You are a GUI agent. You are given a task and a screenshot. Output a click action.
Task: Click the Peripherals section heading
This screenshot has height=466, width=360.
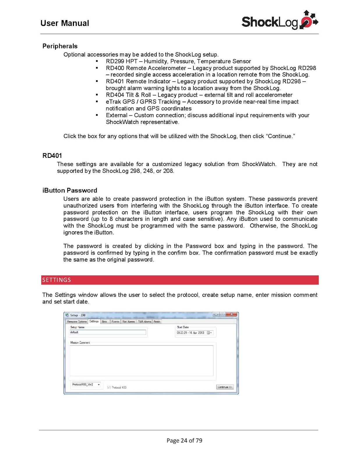pos(60,46)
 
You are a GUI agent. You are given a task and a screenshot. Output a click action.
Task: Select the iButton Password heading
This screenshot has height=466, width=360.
pos(70,190)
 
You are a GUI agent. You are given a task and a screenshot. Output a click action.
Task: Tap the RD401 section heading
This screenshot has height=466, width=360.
pos(52,156)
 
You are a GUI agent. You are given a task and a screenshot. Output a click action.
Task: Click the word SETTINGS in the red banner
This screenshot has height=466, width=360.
pos(57,280)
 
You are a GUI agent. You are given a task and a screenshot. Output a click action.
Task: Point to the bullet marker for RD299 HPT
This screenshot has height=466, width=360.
pos(97,61)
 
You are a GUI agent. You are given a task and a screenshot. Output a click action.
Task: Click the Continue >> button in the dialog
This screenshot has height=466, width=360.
pos(225,387)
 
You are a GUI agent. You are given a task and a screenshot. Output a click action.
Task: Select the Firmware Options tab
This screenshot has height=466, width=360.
pos(77,322)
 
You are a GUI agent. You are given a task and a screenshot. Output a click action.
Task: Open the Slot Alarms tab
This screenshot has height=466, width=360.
pos(128,322)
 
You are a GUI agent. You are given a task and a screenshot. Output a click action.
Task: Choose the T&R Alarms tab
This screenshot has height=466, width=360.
pos(144,322)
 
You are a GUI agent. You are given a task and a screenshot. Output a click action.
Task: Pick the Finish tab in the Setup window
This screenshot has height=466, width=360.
pos(157,322)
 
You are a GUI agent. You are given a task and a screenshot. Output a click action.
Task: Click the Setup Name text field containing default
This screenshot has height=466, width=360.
pos(107,332)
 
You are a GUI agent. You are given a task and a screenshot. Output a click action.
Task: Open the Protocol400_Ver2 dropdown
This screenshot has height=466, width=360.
pos(99,384)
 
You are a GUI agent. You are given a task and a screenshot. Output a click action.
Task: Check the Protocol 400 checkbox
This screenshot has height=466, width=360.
pos(109,387)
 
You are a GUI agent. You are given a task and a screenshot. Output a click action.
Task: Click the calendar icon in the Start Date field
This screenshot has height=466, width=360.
pos(209,333)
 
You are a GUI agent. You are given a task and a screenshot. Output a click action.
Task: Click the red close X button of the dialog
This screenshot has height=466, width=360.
pos(231,314)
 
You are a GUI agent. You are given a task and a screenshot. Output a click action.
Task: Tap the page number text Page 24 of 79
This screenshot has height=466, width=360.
pos(184,440)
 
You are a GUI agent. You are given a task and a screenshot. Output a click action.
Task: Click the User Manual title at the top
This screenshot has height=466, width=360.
pos(65,23)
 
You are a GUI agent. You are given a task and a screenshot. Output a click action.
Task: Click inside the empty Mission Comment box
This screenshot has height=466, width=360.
pos(141,361)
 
